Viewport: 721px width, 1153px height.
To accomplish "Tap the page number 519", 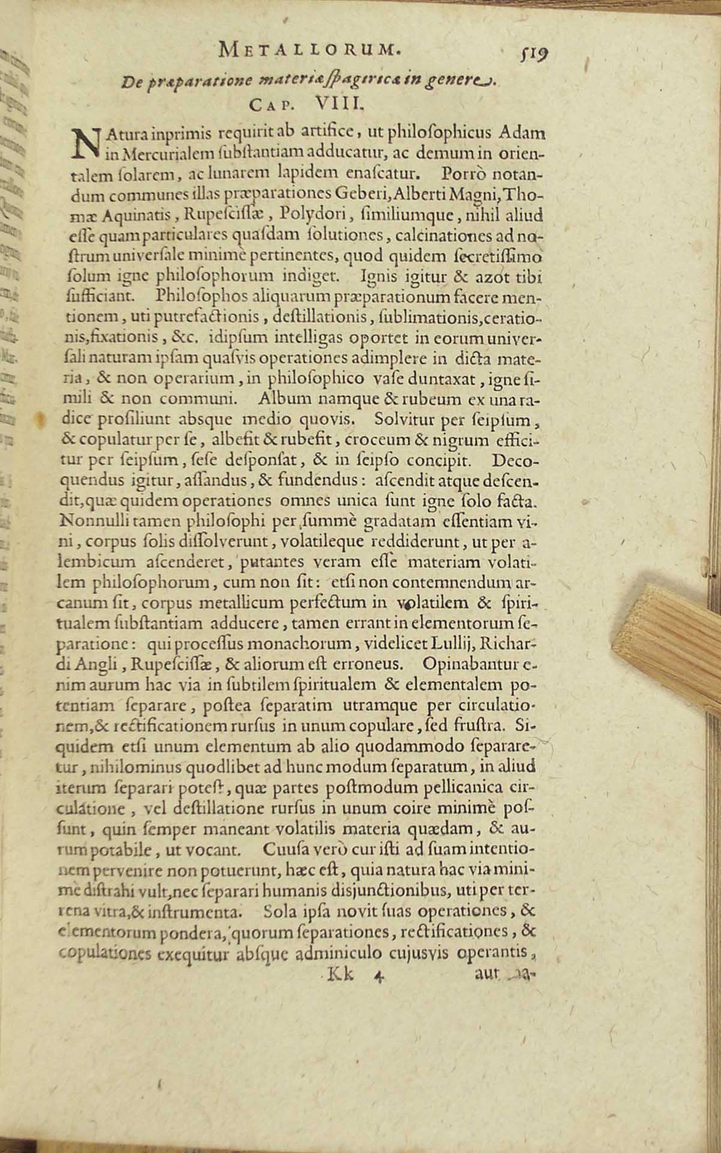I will pyautogui.click(x=537, y=55).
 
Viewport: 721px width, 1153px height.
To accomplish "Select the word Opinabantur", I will pyautogui.click(x=471, y=664).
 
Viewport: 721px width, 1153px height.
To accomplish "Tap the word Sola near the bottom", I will pyautogui.click(x=281, y=911).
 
